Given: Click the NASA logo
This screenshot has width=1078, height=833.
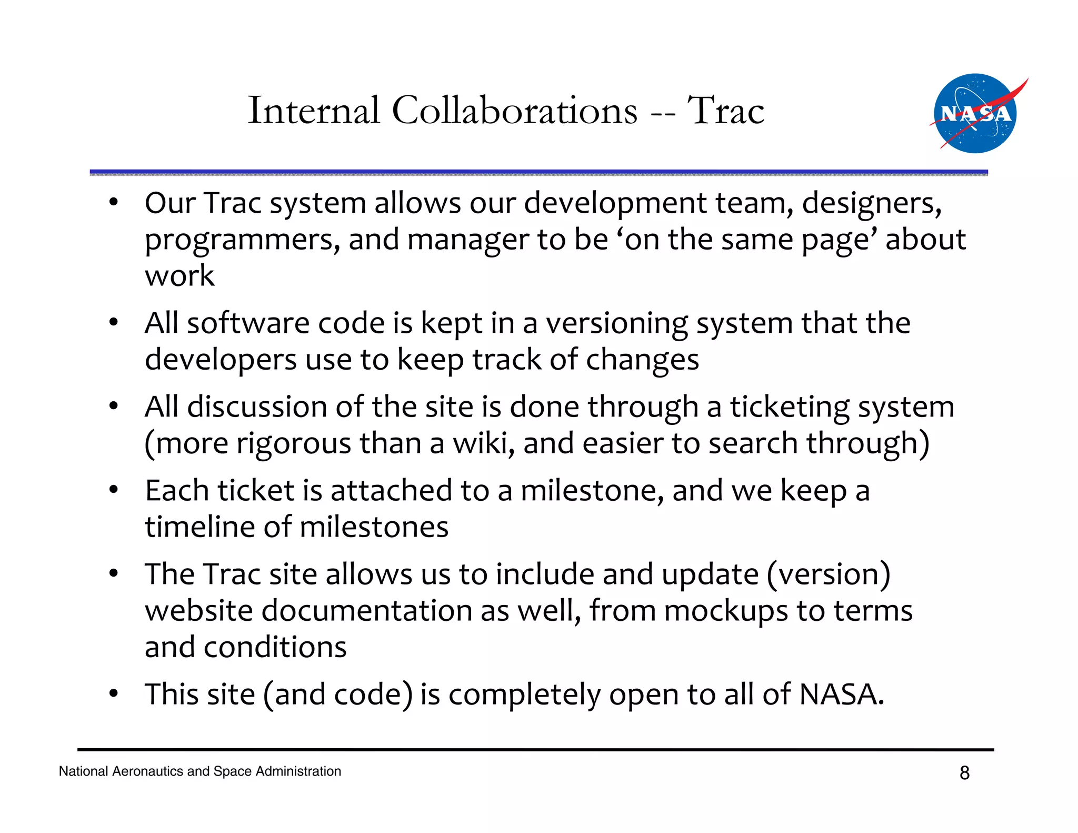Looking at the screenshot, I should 975,113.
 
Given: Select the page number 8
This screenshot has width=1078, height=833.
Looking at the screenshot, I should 964,772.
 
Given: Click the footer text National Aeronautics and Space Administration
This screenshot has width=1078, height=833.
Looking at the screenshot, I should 200,771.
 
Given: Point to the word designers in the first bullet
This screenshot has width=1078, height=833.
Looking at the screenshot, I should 871,203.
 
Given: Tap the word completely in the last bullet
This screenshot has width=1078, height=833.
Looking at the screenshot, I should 524,695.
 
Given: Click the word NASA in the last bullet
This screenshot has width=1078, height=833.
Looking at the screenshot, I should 841,695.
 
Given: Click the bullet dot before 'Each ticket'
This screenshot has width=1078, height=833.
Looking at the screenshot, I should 113,490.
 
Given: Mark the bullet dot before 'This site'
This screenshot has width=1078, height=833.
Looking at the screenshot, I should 113,694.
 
